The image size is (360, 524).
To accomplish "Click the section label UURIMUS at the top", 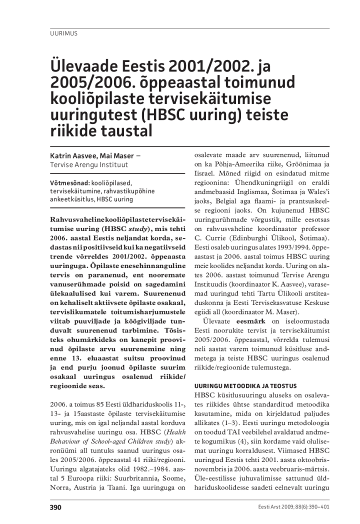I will pos(63,34).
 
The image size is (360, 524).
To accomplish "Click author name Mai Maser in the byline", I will pos(118,156).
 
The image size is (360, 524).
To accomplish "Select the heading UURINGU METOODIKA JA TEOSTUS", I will pos(245,386).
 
